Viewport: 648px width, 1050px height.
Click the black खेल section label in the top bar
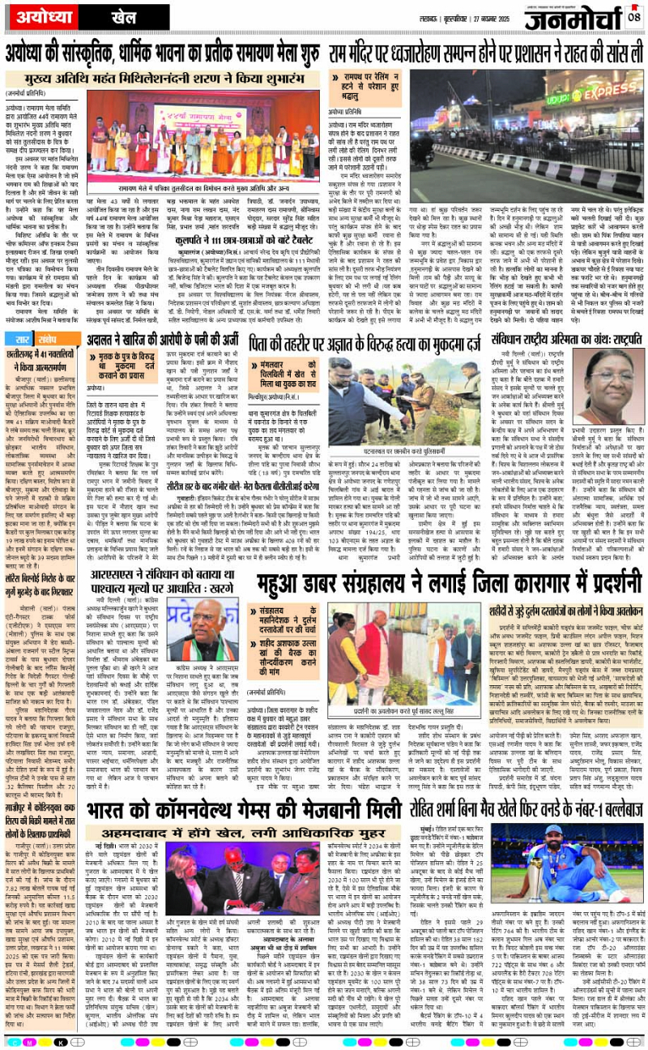[x=102, y=16]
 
